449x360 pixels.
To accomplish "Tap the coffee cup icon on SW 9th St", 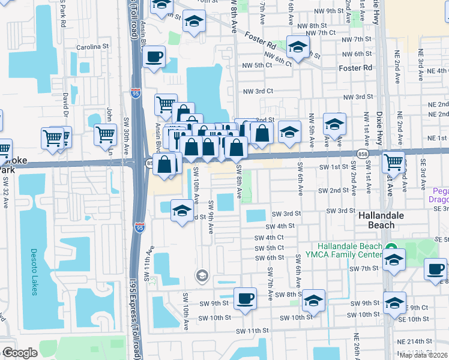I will point(244,298).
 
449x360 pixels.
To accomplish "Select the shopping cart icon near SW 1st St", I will point(393,161).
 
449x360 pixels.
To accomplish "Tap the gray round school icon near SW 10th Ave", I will point(202,275).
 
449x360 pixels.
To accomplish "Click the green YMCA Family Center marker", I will point(391,247).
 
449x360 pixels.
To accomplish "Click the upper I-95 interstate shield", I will point(135,93).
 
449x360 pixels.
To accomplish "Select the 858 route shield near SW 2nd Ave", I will point(364,154).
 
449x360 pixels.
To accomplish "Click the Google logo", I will point(20,353).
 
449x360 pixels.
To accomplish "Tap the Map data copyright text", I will point(423,355).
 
